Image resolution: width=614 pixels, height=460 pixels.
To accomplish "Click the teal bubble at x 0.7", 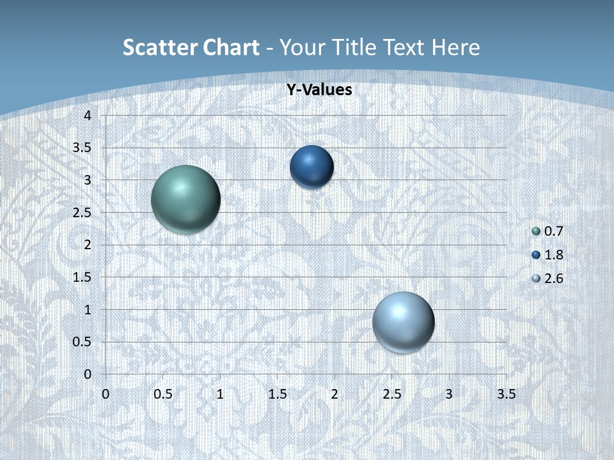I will (x=185, y=199).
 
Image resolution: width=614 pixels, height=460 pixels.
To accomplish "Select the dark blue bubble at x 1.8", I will (x=311, y=167).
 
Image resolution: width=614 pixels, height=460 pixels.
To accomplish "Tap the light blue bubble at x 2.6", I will (x=403, y=322).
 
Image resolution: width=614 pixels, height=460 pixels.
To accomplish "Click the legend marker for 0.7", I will (x=536, y=231).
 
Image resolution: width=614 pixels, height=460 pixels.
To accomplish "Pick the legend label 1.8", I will (x=554, y=255).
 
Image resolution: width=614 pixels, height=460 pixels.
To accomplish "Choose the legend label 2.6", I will (x=554, y=279).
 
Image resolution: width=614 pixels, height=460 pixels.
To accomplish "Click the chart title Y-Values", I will (x=319, y=90).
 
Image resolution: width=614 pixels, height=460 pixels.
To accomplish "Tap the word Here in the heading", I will (x=455, y=47).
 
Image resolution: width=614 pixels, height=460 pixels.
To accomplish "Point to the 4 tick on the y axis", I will (x=88, y=116).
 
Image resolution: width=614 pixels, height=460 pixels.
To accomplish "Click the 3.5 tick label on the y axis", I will (x=83, y=148).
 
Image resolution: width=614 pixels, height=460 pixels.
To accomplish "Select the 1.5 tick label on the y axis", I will (x=83, y=277).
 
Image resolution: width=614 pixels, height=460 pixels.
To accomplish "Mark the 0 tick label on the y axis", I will (x=88, y=374).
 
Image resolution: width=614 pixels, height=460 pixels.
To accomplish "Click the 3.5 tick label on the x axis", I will (x=506, y=394).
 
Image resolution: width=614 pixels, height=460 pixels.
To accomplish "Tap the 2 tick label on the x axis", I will (x=335, y=394).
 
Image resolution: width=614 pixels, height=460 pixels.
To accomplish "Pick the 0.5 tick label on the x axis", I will (x=162, y=394).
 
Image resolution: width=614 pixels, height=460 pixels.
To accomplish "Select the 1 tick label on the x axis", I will (x=220, y=394).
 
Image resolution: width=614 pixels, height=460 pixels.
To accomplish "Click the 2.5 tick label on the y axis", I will (x=83, y=213).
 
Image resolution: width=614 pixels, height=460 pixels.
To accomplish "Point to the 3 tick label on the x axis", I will (x=449, y=394).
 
